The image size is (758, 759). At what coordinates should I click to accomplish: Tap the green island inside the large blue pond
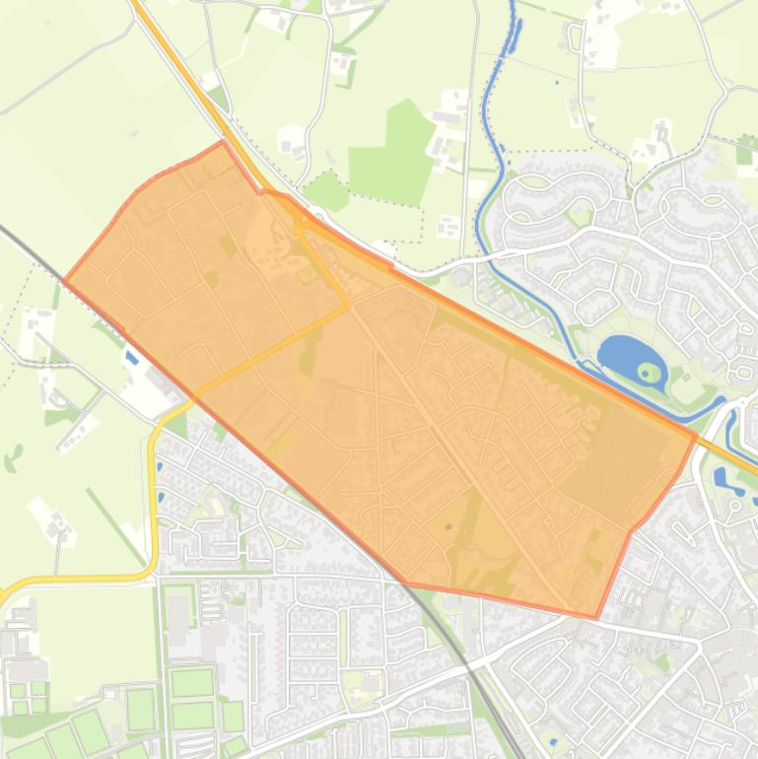pos(648,372)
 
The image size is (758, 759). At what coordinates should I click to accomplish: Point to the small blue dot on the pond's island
pos(648,372)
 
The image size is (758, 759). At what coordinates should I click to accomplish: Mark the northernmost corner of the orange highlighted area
pos(223,142)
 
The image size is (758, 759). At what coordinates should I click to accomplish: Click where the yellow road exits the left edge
pos(3,595)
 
